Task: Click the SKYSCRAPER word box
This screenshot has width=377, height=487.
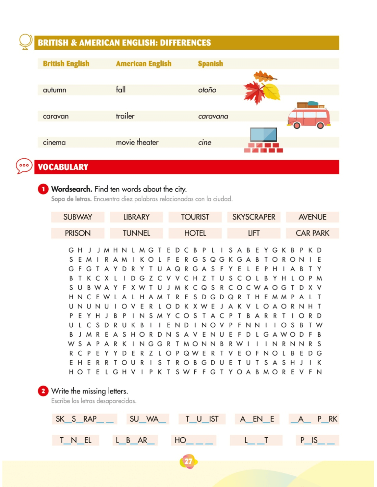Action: [254, 217]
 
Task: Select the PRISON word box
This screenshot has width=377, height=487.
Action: [78, 233]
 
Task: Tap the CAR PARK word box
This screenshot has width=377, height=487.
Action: [312, 233]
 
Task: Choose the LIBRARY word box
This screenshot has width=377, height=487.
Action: [136, 217]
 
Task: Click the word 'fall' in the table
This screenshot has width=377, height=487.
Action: [121, 90]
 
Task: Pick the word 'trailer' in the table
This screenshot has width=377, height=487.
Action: [125, 116]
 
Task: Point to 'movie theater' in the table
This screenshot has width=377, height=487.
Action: [137, 142]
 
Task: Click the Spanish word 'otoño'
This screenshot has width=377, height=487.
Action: [207, 90]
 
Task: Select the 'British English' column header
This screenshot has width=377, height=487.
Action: [66, 64]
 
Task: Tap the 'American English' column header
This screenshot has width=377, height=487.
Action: [144, 64]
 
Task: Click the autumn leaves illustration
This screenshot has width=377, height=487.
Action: [262, 88]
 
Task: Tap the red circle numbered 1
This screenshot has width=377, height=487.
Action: [43, 189]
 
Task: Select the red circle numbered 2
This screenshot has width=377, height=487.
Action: [43, 391]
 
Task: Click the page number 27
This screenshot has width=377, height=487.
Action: [188, 461]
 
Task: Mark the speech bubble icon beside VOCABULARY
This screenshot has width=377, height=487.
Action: [24, 166]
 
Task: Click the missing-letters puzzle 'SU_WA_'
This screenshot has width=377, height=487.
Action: [148, 419]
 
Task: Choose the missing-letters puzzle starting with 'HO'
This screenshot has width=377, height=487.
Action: [194, 440]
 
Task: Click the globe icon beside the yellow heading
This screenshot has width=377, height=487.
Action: [26, 42]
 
